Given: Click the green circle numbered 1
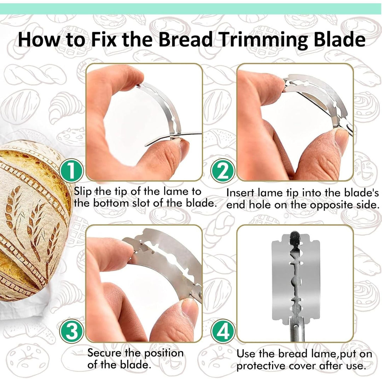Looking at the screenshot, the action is point(71,171).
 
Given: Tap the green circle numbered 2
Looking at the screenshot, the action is point(223,171).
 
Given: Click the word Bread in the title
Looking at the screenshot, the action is point(186,39).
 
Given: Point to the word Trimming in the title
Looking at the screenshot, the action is point(264,40).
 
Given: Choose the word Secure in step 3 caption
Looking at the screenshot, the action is point(104,353).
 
